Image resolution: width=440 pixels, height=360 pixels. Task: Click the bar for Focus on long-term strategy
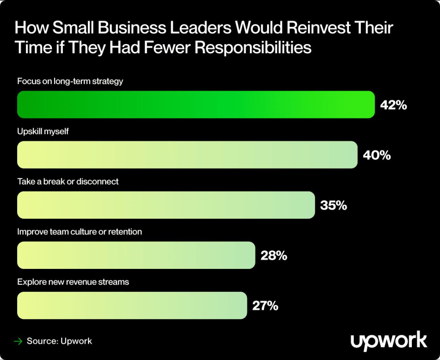coord(196,105)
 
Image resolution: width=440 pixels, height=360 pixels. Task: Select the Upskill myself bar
coord(187,155)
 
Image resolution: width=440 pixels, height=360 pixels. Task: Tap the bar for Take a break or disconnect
coord(166,205)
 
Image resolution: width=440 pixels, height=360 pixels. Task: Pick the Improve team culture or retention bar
coord(136,255)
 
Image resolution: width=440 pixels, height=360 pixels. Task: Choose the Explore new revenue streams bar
coord(132,305)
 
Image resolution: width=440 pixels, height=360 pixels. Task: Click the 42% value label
coord(394,105)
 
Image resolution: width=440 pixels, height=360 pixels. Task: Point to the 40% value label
coord(377,155)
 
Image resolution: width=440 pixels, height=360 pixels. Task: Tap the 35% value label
coord(333,205)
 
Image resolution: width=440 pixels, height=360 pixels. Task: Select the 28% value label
coord(274,255)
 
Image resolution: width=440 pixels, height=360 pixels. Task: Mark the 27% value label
coord(265,306)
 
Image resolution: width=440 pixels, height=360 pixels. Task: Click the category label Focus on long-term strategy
coord(70,81)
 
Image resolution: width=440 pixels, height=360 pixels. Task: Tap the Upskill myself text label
coord(43,131)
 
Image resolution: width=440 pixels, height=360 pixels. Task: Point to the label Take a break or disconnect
coord(68,182)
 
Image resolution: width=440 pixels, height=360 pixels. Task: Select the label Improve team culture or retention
coord(79,232)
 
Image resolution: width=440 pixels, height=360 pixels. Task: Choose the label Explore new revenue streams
coord(73,282)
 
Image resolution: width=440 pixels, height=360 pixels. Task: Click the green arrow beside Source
coord(18,341)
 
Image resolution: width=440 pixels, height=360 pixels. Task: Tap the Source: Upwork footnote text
coord(59,341)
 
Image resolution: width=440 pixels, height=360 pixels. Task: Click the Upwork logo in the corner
coord(389,341)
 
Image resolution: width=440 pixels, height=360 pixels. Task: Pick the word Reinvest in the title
coord(318,28)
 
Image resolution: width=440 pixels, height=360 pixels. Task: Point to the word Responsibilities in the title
coord(253,47)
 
